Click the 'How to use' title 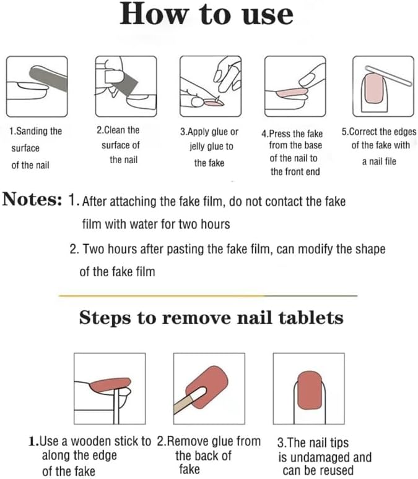(207, 14)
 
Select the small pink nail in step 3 (214, 103)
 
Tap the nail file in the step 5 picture (389, 75)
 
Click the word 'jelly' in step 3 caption (197, 146)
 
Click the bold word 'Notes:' (32, 199)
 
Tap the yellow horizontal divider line (208, 295)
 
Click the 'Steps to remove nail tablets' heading (211, 318)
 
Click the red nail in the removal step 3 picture (310, 391)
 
